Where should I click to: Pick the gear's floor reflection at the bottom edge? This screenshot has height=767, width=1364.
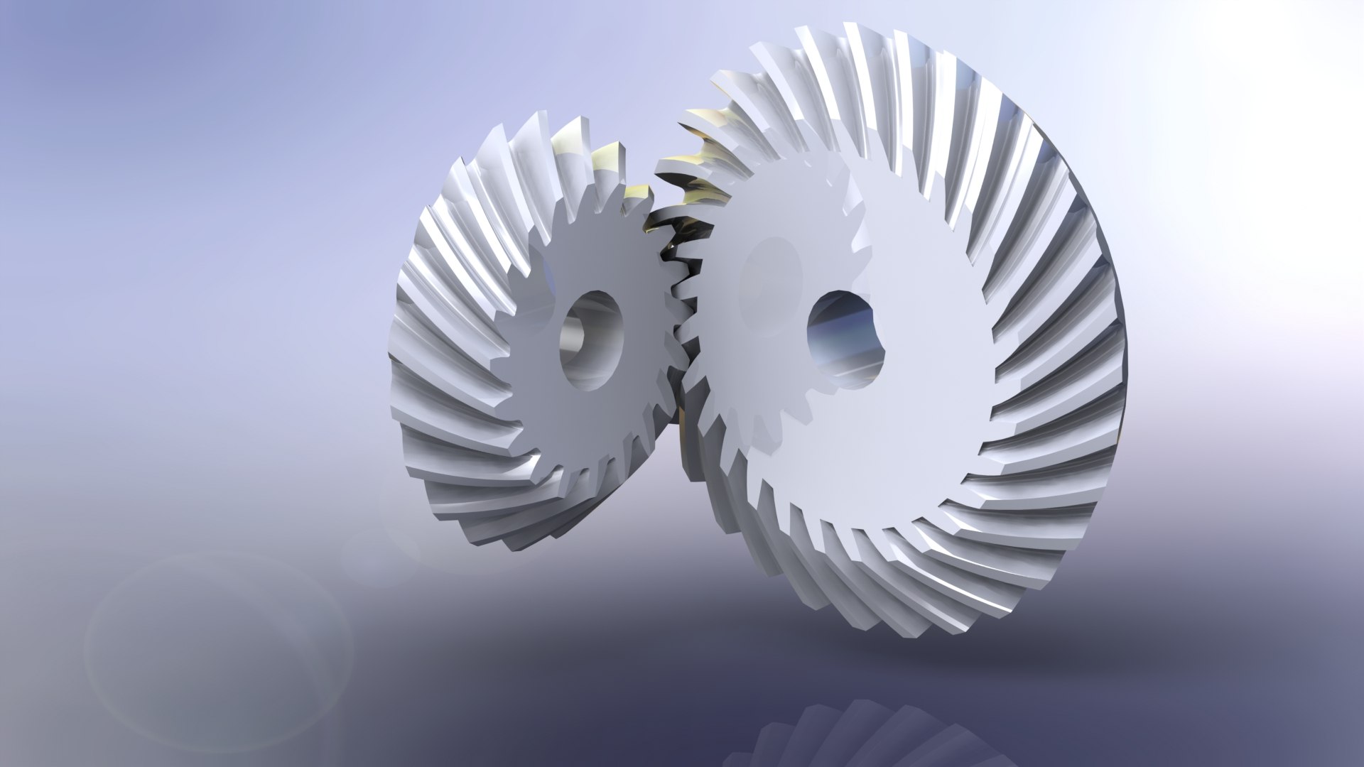coord(852,746)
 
